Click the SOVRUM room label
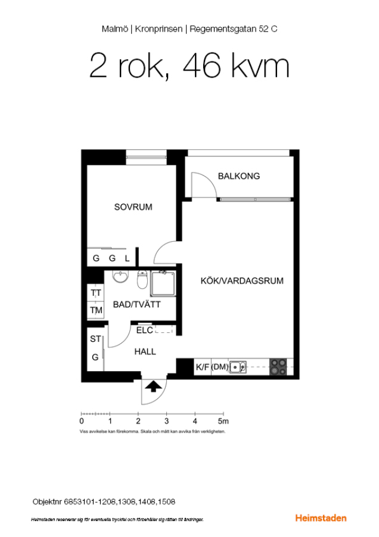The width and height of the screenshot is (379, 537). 133,207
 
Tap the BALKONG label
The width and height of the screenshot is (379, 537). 239,176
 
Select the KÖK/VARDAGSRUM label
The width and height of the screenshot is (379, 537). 242,281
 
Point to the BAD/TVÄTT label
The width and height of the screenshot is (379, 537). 136,304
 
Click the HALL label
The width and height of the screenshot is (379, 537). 145,351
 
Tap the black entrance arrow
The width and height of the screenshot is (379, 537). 154,386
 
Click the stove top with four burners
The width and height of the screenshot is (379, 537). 278,367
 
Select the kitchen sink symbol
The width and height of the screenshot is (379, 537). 238,367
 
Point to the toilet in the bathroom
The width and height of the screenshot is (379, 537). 142,280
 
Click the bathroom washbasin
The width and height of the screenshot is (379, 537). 120,277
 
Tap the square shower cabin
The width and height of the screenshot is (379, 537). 163,283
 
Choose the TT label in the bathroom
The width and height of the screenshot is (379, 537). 96,293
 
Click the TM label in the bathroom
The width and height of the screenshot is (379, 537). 96,310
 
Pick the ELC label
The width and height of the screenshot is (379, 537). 145,330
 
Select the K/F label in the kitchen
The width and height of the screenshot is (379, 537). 202,367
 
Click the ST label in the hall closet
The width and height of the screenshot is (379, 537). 95,339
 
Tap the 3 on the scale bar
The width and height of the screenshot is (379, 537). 167,421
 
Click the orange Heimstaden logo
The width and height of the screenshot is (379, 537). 321,518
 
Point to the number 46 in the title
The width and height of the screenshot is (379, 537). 202,66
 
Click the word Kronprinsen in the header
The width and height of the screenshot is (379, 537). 159,29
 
